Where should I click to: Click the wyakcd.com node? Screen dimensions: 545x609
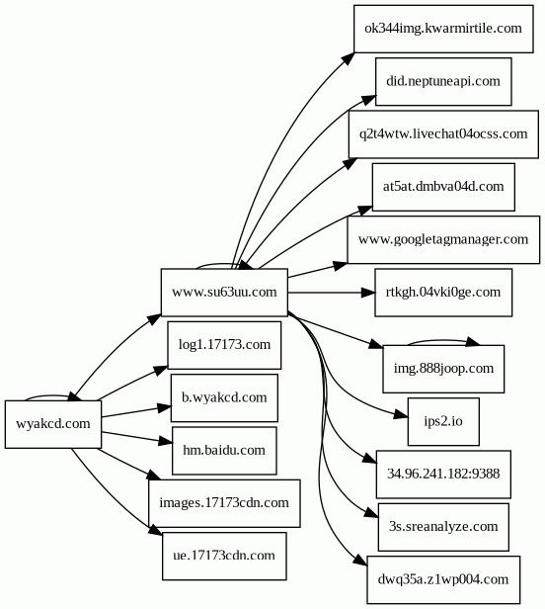[x=53, y=424]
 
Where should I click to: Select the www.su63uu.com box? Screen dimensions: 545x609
[x=224, y=292]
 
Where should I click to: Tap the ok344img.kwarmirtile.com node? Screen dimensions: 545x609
[x=443, y=29]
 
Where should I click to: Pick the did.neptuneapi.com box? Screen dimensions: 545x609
[x=443, y=81]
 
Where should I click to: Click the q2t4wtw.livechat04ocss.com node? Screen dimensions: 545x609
[x=443, y=134]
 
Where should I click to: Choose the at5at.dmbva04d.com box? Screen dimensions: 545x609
[x=443, y=187]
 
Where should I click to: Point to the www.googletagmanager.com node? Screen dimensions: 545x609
[x=443, y=239]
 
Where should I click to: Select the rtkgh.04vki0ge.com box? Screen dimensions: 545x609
[x=443, y=293]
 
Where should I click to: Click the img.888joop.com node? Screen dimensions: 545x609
[x=443, y=369]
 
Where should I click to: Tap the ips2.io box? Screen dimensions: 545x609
[x=443, y=421]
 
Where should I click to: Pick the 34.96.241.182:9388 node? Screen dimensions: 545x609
[x=443, y=475]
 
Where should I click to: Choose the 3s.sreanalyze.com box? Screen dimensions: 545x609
[x=443, y=527]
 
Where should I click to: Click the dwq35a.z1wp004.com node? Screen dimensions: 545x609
[x=443, y=580]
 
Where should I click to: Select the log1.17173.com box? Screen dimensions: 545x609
[x=224, y=345]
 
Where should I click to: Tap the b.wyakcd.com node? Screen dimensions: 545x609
[x=224, y=397]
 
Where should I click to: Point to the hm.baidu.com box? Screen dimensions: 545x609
[x=224, y=451]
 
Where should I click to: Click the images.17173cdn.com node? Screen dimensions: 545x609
[x=224, y=503]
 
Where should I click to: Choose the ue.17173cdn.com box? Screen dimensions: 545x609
[x=224, y=557]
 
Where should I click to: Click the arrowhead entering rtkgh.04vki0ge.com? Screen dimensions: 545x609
[x=368, y=293]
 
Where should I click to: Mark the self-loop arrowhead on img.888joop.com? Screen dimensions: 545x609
[x=473, y=341]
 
